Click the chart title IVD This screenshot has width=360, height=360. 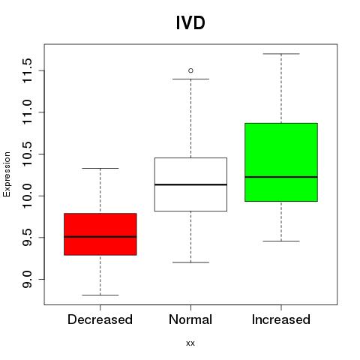pyautogui.click(x=190, y=22)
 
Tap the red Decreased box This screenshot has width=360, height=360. pyautogui.click(x=100, y=234)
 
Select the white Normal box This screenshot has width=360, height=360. pyautogui.click(x=190, y=184)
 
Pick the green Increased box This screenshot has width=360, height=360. pyautogui.click(x=281, y=162)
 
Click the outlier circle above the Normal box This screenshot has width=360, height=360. pyautogui.click(x=190, y=70)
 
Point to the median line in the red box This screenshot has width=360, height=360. pyautogui.click(x=100, y=237)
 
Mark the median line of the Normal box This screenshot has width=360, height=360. pyautogui.click(x=190, y=184)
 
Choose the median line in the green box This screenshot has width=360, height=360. pyautogui.click(x=281, y=177)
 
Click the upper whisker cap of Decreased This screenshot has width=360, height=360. pyautogui.click(x=100, y=168)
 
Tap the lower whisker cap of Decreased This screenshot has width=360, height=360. pyautogui.click(x=100, y=295)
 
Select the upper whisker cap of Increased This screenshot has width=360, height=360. pyautogui.click(x=281, y=54)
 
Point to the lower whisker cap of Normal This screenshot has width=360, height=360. pyautogui.click(x=190, y=262)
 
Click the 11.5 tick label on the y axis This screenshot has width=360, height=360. pyautogui.click(x=27, y=70)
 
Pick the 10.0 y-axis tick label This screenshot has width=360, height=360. pyautogui.click(x=27, y=196)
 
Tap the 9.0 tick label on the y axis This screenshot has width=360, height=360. pyautogui.click(x=27, y=279)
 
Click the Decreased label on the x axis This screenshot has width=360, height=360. pyautogui.click(x=100, y=319)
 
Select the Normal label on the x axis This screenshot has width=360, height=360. pyautogui.click(x=190, y=319)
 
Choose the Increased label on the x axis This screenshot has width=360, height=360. pyautogui.click(x=281, y=319)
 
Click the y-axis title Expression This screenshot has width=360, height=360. pyautogui.click(x=7, y=174)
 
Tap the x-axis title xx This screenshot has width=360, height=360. pyautogui.click(x=190, y=343)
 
